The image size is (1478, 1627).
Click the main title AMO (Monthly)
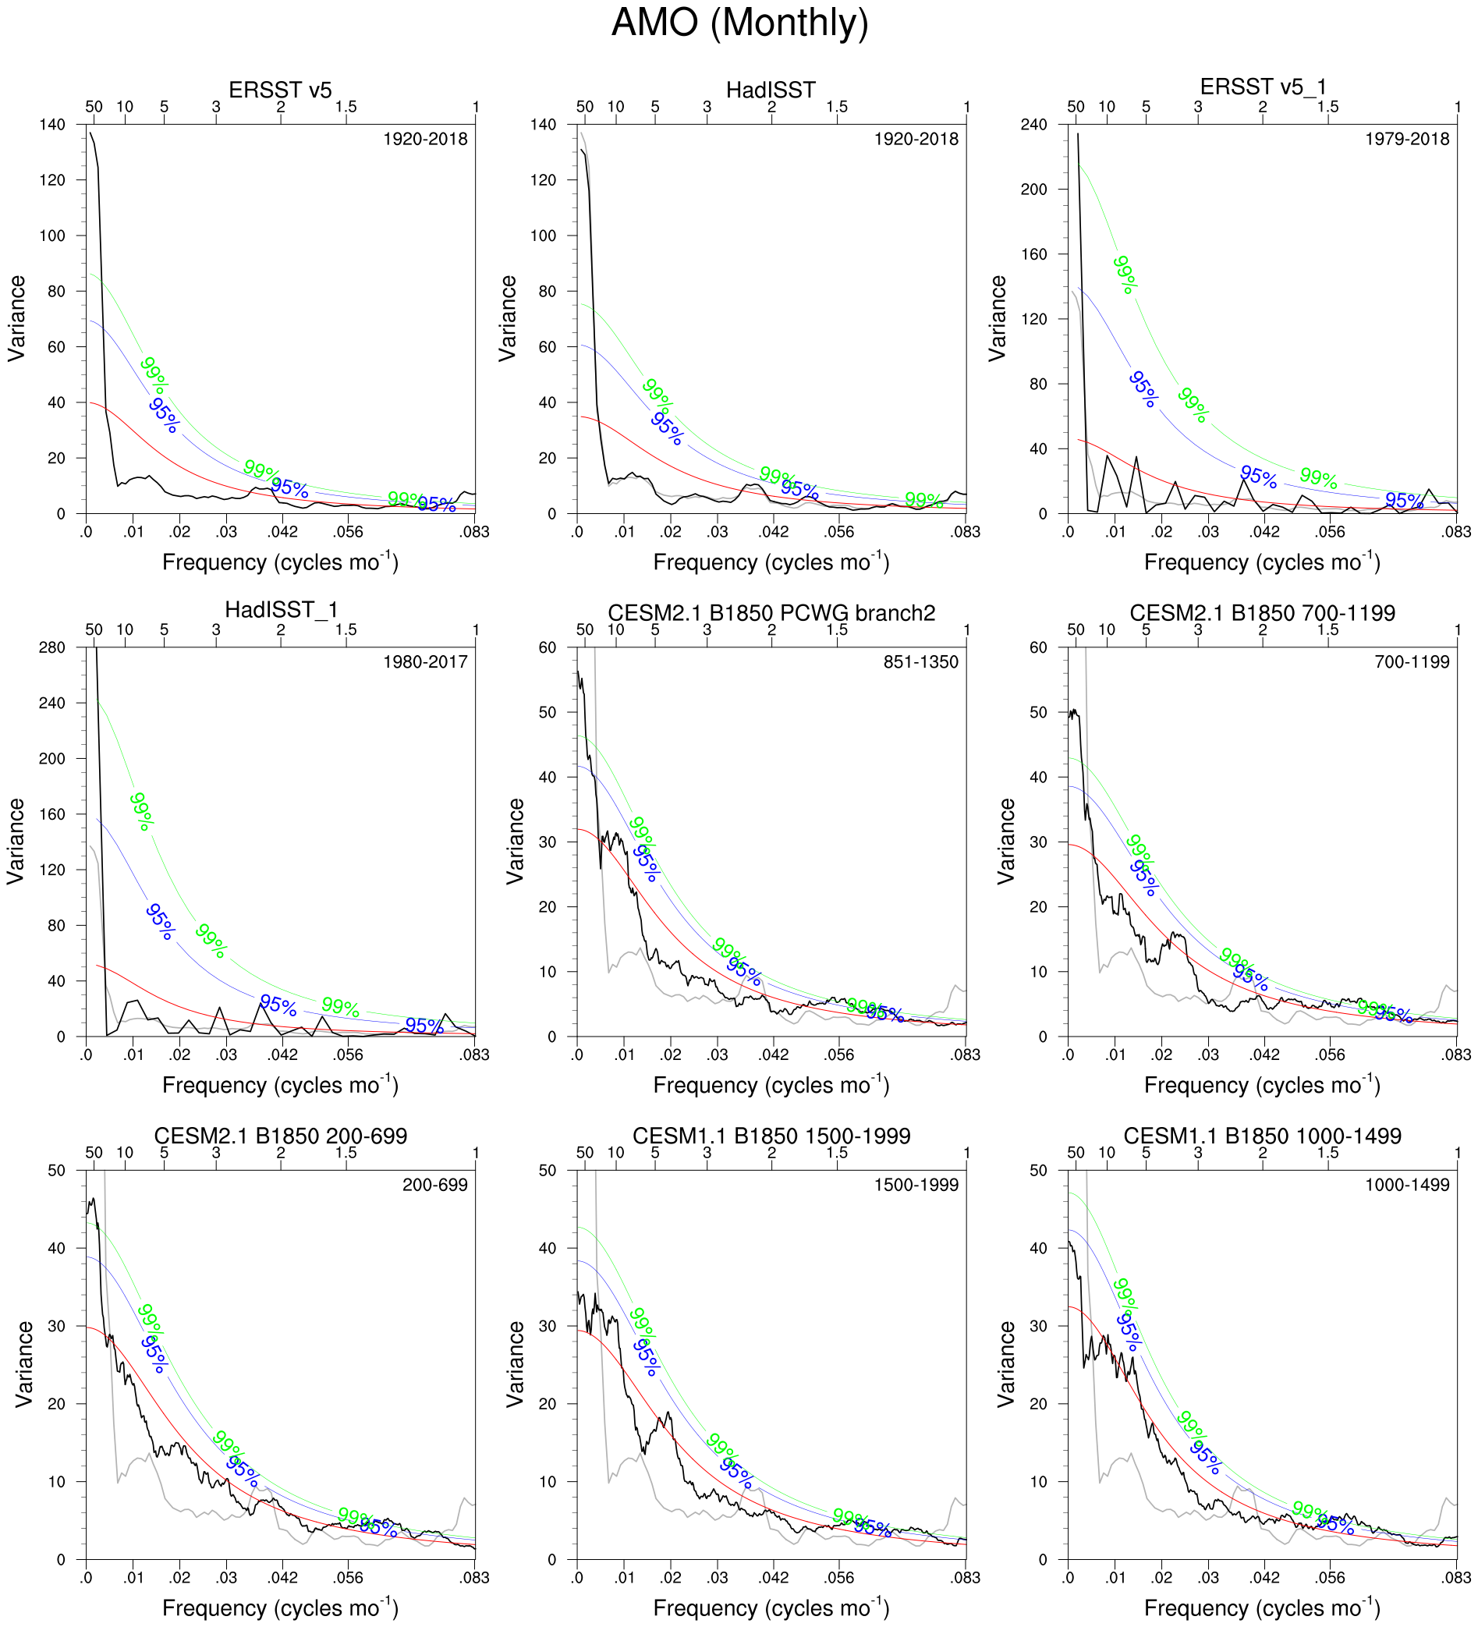(x=739, y=23)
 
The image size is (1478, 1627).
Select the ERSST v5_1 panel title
(x=1263, y=87)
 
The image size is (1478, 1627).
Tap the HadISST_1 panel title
(x=280, y=609)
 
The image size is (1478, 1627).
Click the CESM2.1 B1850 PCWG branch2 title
(x=771, y=612)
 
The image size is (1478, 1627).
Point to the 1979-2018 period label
(x=1406, y=139)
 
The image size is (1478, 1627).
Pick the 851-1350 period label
(x=920, y=661)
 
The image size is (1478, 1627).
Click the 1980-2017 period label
(x=424, y=661)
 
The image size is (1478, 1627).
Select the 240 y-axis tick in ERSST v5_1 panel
(x=1034, y=124)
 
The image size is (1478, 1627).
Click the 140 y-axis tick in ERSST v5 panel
(x=51, y=124)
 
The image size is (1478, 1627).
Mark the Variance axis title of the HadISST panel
(x=508, y=318)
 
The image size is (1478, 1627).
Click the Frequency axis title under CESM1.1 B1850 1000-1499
(x=1262, y=1607)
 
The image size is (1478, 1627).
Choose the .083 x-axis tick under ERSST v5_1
(x=1456, y=532)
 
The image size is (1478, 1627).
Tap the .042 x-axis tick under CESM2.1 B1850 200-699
(x=282, y=1577)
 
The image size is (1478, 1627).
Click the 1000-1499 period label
(x=1406, y=1185)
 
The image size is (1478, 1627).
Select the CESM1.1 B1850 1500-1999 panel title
(x=771, y=1136)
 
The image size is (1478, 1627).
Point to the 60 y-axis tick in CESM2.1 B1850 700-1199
(x=1038, y=647)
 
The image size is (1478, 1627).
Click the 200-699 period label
(x=434, y=1185)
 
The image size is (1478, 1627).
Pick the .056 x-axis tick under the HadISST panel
(x=838, y=532)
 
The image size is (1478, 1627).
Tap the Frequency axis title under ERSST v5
(x=280, y=562)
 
